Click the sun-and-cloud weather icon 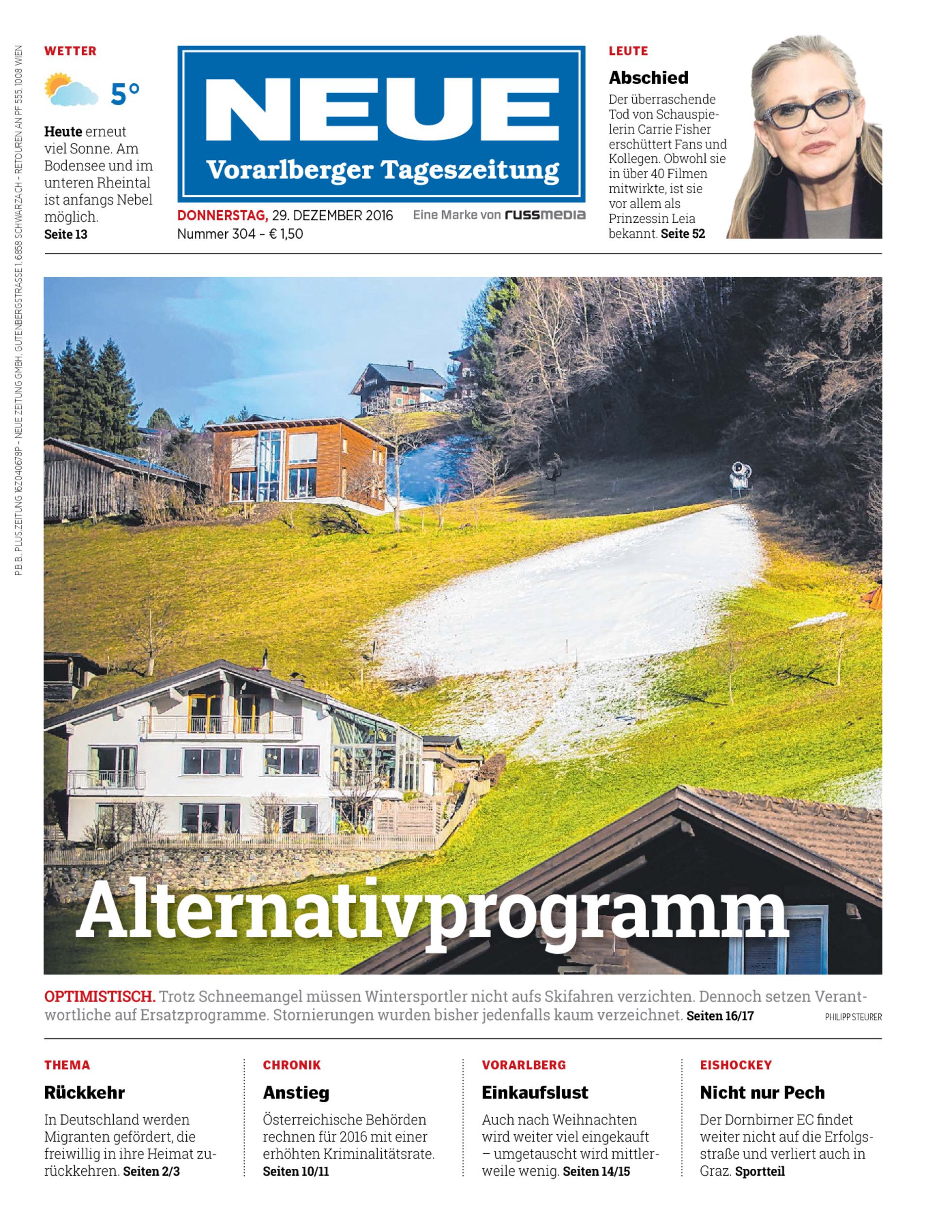coord(71,89)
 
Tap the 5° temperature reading coord(125,94)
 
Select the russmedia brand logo coord(545,215)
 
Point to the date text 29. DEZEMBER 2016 coord(332,215)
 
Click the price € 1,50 coord(285,234)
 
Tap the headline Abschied coord(648,78)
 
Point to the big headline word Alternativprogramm coord(431,912)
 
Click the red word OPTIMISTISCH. coord(100,997)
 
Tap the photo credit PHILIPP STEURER coord(853,1018)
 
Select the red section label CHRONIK coord(292,1065)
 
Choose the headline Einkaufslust coord(534,1092)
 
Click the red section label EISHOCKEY coord(736,1065)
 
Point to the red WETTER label coord(71,51)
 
